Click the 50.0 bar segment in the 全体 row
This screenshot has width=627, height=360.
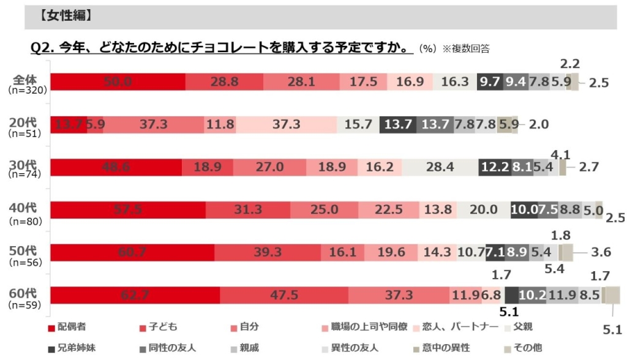[118, 82]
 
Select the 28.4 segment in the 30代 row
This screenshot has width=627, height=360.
[440, 167]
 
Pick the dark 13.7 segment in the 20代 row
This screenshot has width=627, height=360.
[398, 125]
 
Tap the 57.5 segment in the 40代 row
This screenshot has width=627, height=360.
[127, 210]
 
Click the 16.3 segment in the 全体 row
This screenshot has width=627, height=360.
[454, 82]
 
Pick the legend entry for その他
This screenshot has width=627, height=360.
[523, 348]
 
